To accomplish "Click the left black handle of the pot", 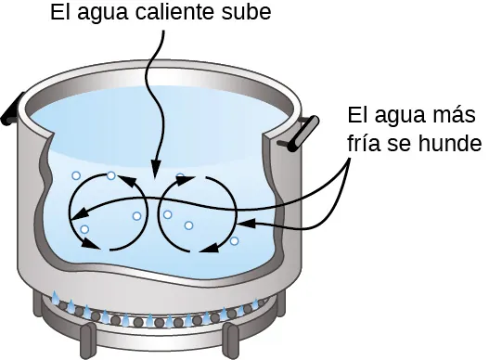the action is [11, 109].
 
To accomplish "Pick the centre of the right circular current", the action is [198, 213].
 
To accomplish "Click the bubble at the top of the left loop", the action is [111, 175].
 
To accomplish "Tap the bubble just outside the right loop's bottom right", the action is [234, 241].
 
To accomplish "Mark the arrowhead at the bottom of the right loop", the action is [209, 249].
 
